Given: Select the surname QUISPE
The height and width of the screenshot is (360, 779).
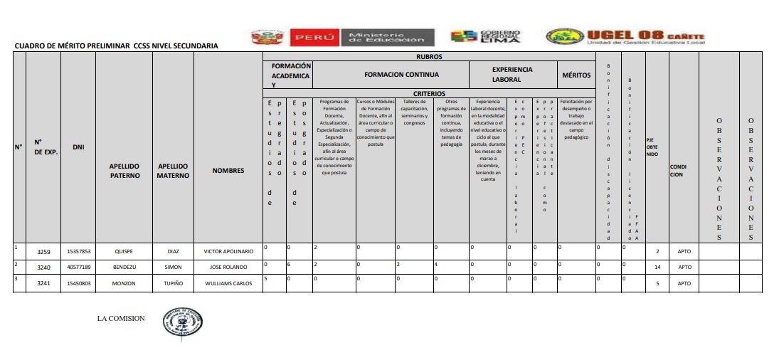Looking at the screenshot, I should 124,251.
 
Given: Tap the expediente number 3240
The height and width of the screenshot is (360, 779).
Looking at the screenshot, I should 43,268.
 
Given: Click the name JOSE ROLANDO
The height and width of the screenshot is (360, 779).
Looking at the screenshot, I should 228,268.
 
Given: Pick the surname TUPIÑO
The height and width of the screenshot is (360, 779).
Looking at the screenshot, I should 173,283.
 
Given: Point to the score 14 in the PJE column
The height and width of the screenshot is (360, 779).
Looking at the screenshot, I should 657,268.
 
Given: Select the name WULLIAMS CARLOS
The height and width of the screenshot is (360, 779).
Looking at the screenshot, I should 228,283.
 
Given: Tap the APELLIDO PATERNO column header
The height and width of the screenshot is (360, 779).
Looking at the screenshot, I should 124,171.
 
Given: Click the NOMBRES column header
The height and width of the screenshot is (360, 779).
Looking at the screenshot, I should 228,170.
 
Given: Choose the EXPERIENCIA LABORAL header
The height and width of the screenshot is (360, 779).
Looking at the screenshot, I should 512,74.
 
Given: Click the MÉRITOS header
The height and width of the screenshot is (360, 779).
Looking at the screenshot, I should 576,74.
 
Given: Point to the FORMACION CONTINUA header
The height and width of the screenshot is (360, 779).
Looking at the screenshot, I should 401,74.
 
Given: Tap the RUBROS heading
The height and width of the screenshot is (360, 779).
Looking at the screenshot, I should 429,55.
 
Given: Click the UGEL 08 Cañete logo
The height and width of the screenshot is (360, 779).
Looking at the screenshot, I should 625,38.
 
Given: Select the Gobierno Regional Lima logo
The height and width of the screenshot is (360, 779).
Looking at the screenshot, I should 486,36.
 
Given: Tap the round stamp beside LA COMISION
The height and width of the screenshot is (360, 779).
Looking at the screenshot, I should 182,322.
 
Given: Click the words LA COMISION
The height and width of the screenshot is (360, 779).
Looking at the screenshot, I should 121,318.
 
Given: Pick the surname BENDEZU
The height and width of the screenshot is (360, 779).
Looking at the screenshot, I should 124,268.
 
